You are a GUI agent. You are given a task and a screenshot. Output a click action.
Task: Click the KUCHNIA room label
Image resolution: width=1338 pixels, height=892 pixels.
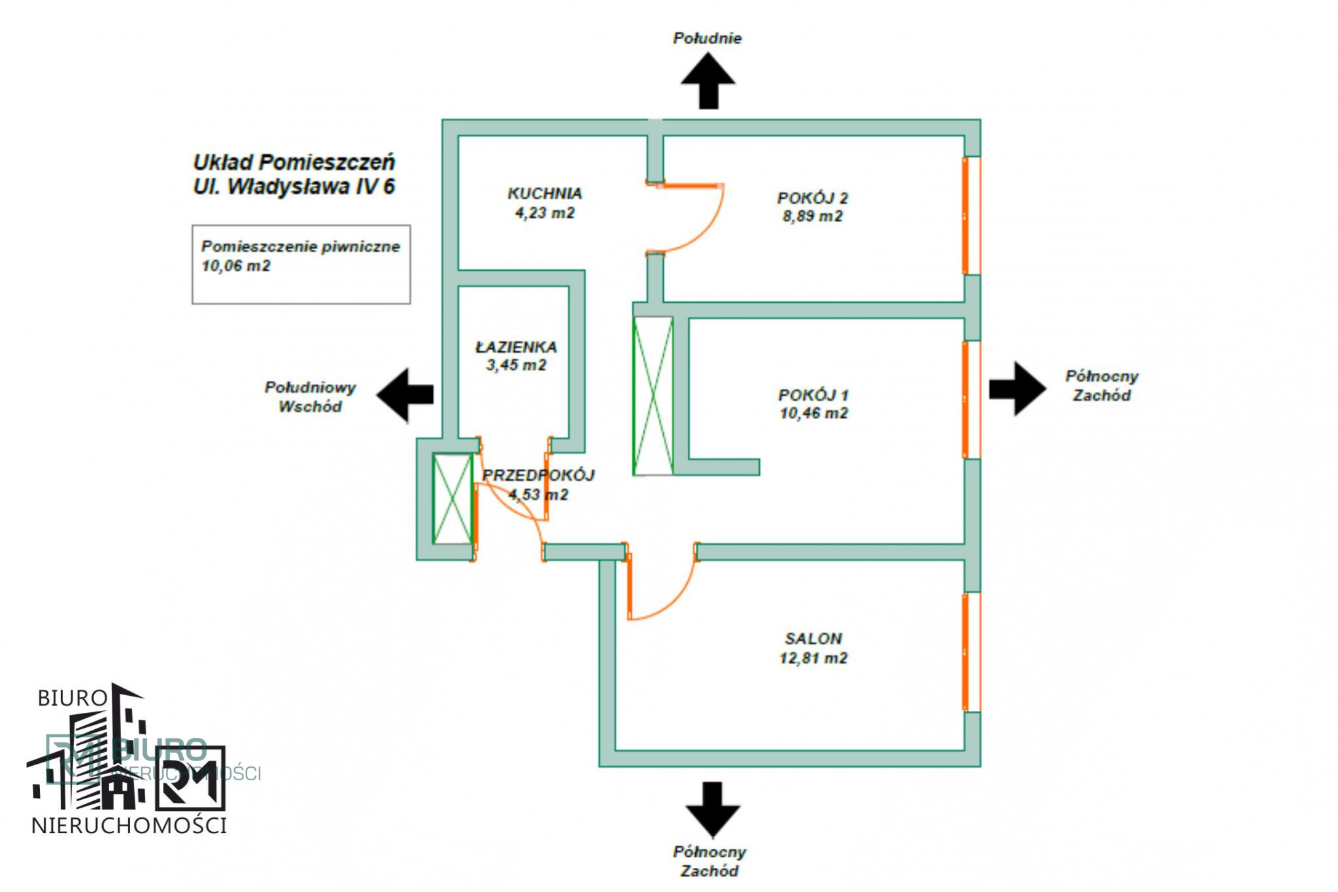(x=545, y=194)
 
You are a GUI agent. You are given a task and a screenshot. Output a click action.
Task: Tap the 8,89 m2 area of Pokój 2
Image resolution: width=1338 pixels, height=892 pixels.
(x=812, y=216)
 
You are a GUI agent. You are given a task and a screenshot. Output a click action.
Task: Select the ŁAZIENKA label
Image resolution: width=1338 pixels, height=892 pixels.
(x=516, y=347)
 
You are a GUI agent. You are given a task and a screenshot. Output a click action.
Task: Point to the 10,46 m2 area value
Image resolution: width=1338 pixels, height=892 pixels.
(x=814, y=413)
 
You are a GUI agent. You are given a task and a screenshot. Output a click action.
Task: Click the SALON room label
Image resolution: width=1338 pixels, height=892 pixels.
(x=814, y=638)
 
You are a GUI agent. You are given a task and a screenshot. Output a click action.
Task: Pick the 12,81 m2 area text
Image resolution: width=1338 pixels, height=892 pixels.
(x=814, y=658)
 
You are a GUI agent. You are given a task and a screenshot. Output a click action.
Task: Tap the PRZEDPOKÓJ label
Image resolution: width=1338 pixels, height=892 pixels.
(x=538, y=475)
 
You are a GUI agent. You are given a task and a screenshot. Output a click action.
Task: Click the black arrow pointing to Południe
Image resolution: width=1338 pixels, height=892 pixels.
(x=708, y=80)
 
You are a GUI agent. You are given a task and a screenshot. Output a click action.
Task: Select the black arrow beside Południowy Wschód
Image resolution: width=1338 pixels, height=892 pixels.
(x=405, y=394)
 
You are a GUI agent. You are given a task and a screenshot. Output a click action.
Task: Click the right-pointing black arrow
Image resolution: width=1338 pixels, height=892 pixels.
(x=1018, y=389)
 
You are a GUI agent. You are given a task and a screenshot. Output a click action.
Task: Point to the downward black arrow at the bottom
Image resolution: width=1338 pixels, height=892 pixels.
(x=713, y=810)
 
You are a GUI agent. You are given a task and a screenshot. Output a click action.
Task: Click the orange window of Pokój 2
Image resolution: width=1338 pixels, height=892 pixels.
(x=965, y=215)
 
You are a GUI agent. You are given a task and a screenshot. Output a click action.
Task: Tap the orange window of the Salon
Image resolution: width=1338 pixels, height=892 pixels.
(x=965, y=652)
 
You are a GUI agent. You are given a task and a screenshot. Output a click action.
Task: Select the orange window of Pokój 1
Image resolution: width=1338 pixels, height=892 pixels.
(x=965, y=400)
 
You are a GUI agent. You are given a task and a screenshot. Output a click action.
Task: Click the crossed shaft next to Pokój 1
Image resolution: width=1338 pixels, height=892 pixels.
(x=653, y=396)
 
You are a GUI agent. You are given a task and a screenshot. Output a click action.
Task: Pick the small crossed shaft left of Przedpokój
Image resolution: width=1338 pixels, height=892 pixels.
(x=453, y=499)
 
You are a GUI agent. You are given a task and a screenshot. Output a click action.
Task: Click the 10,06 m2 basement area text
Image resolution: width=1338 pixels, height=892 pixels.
(x=236, y=266)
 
